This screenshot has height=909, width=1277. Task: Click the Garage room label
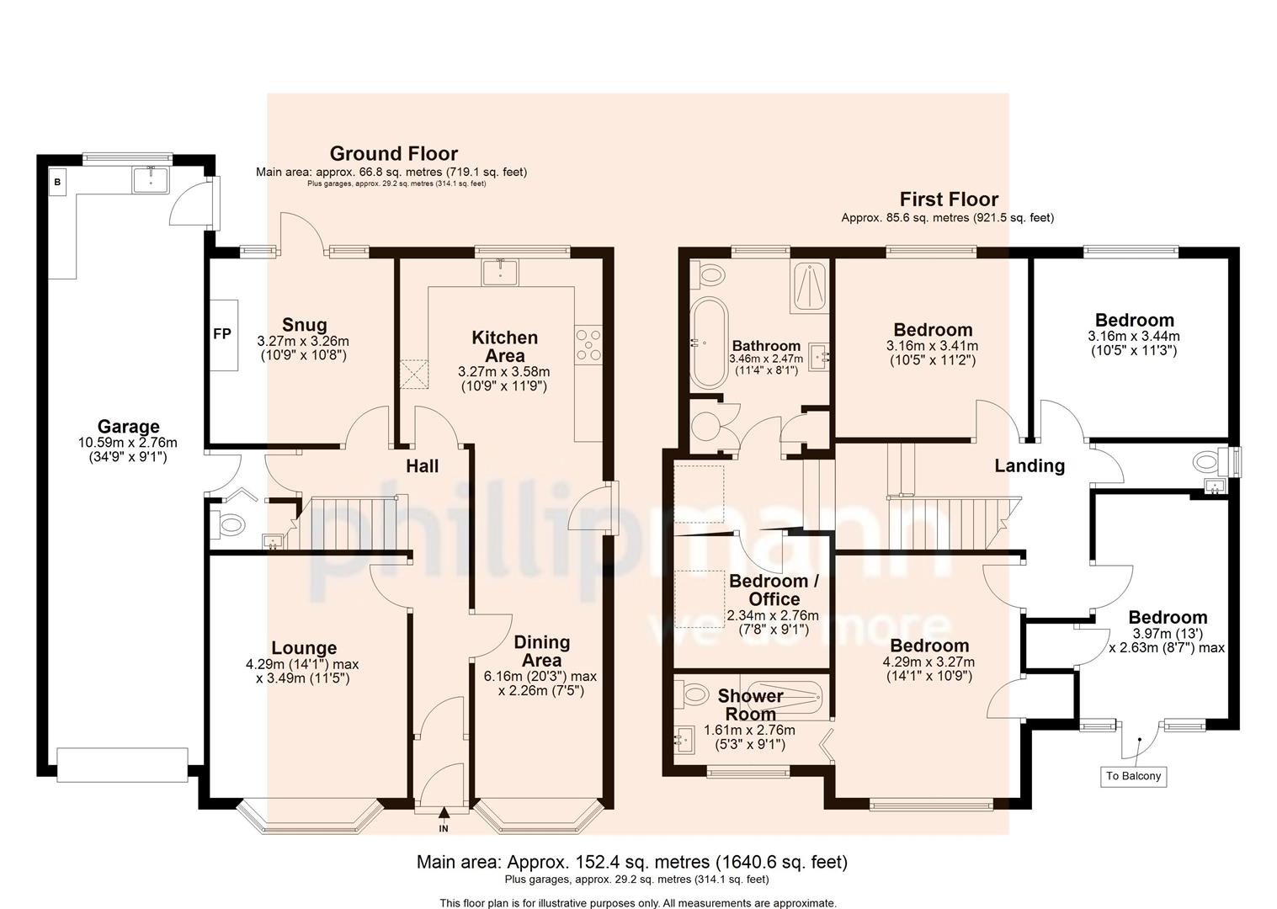(128, 427)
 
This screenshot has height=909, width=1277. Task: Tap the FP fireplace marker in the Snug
(221, 334)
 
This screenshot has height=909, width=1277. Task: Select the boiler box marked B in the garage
(58, 181)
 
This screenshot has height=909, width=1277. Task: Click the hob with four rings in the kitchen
(588, 343)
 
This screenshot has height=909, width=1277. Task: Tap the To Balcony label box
(1133, 775)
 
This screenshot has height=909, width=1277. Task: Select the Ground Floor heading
(393, 153)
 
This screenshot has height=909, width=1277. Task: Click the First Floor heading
(949, 199)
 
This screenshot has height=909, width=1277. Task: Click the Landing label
(1029, 465)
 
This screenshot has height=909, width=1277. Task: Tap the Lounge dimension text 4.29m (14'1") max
(304, 664)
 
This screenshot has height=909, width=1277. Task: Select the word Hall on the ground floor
(423, 465)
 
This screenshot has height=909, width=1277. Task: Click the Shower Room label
(750, 704)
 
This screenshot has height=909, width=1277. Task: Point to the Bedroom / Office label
(774, 590)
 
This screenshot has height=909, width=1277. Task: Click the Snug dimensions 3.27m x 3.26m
(303, 341)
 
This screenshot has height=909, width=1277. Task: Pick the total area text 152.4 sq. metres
(632, 862)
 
